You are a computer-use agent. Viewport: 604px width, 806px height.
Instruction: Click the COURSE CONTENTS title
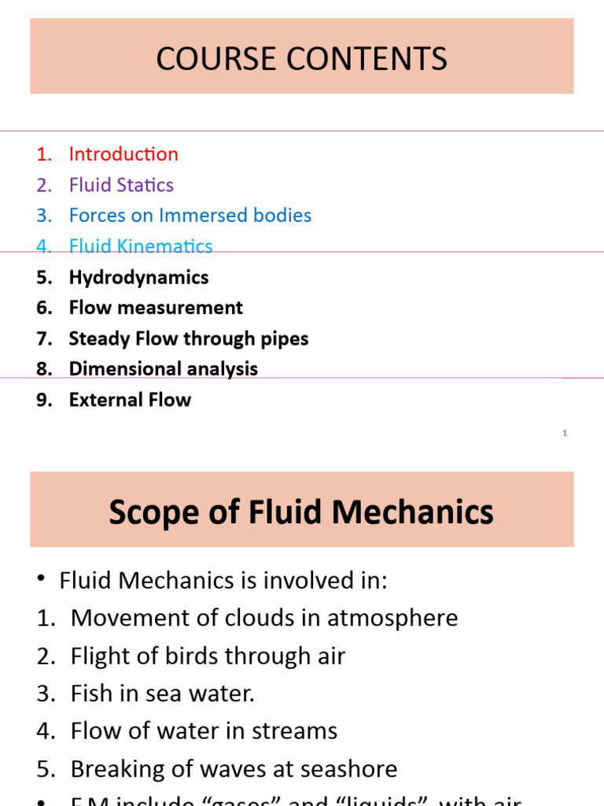coord(301,59)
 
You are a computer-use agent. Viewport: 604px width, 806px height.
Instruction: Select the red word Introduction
coord(123,154)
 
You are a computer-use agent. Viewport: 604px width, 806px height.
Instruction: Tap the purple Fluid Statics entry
coord(121,185)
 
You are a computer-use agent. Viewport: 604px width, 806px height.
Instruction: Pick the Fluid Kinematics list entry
coord(141,246)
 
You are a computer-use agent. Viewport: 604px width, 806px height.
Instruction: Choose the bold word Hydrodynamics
coord(138,277)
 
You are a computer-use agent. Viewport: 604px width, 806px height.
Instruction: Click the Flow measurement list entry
coord(156,308)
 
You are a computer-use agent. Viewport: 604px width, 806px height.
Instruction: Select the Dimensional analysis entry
coord(163,368)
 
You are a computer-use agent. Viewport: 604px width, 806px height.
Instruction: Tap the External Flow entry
coord(130,400)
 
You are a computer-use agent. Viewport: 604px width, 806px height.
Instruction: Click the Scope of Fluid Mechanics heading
coord(301,512)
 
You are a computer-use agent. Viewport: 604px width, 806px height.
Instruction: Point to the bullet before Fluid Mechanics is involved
coord(40,581)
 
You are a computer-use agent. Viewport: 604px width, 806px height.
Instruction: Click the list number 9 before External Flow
coord(43,400)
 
